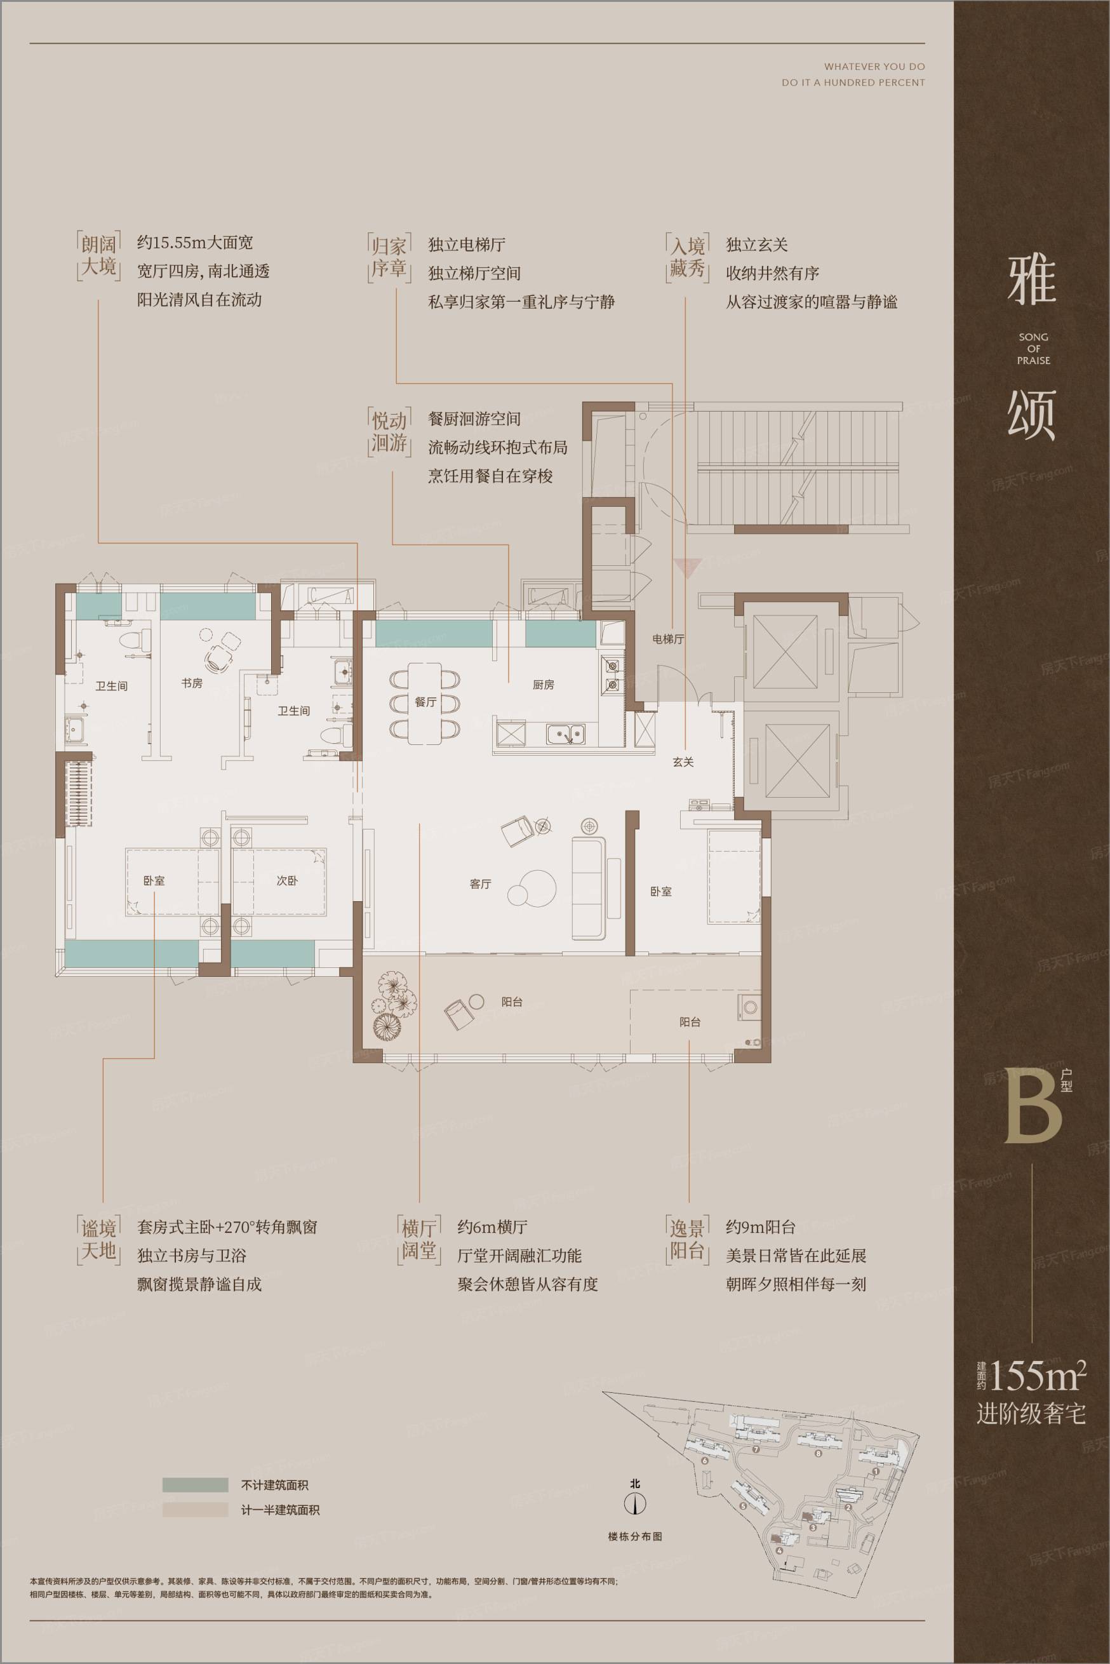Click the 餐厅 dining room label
tap(425, 702)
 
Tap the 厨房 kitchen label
tap(543, 685)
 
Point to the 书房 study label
tap(192, 683)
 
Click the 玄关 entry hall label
tap(683, 762)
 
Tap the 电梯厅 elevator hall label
tap(668, 639)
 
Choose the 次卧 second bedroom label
tap(286, 880)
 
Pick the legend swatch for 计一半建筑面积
tap(196, 1510)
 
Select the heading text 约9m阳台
tap(760, 1226)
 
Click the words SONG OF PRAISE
tap(1034, 349)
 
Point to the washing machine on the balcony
tap(749, 1006)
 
